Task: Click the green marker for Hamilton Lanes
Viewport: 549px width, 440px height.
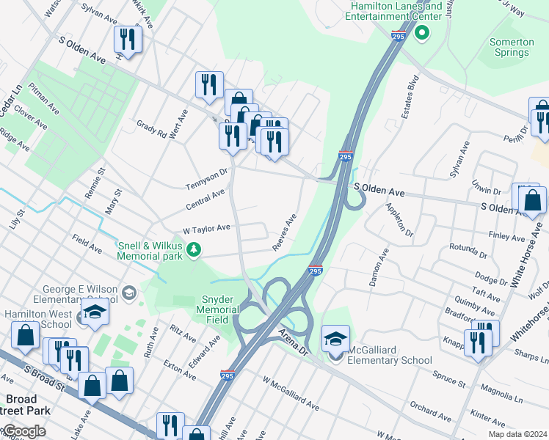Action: click(421, 33)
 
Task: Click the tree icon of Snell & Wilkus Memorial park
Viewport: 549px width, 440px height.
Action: click(194, 251)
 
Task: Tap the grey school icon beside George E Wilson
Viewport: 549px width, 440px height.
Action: click(129, 294)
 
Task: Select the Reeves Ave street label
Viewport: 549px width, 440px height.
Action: click(284, 232)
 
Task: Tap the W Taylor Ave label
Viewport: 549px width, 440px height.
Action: click(206, 229)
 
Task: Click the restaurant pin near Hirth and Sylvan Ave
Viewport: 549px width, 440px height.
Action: click(128, 41)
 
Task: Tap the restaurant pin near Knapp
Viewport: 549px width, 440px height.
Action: click(478, 342)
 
